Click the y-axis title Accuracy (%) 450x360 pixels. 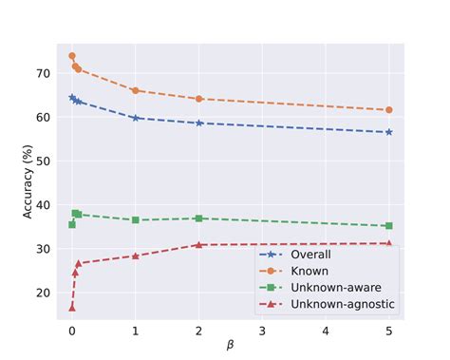click(28, 181)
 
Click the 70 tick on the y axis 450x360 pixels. click(44, 73)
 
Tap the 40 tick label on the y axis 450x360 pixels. click(44, 205)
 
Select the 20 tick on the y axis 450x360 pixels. click(44, 293)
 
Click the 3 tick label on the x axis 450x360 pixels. click(262, 332)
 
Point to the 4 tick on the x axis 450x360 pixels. click(326, 332)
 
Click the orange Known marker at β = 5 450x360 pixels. click(389, 110)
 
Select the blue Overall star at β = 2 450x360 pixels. click(199, 123)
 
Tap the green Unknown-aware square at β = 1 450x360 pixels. click(136, 219)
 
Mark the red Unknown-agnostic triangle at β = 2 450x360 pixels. click(199, 245)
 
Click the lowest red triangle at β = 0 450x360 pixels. click(72, 307)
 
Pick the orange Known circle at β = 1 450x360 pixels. click(136, 90)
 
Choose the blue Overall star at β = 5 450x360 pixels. click(389, 132)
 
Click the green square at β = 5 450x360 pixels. click(389, 226)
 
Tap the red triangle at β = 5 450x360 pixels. click(389, 243)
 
